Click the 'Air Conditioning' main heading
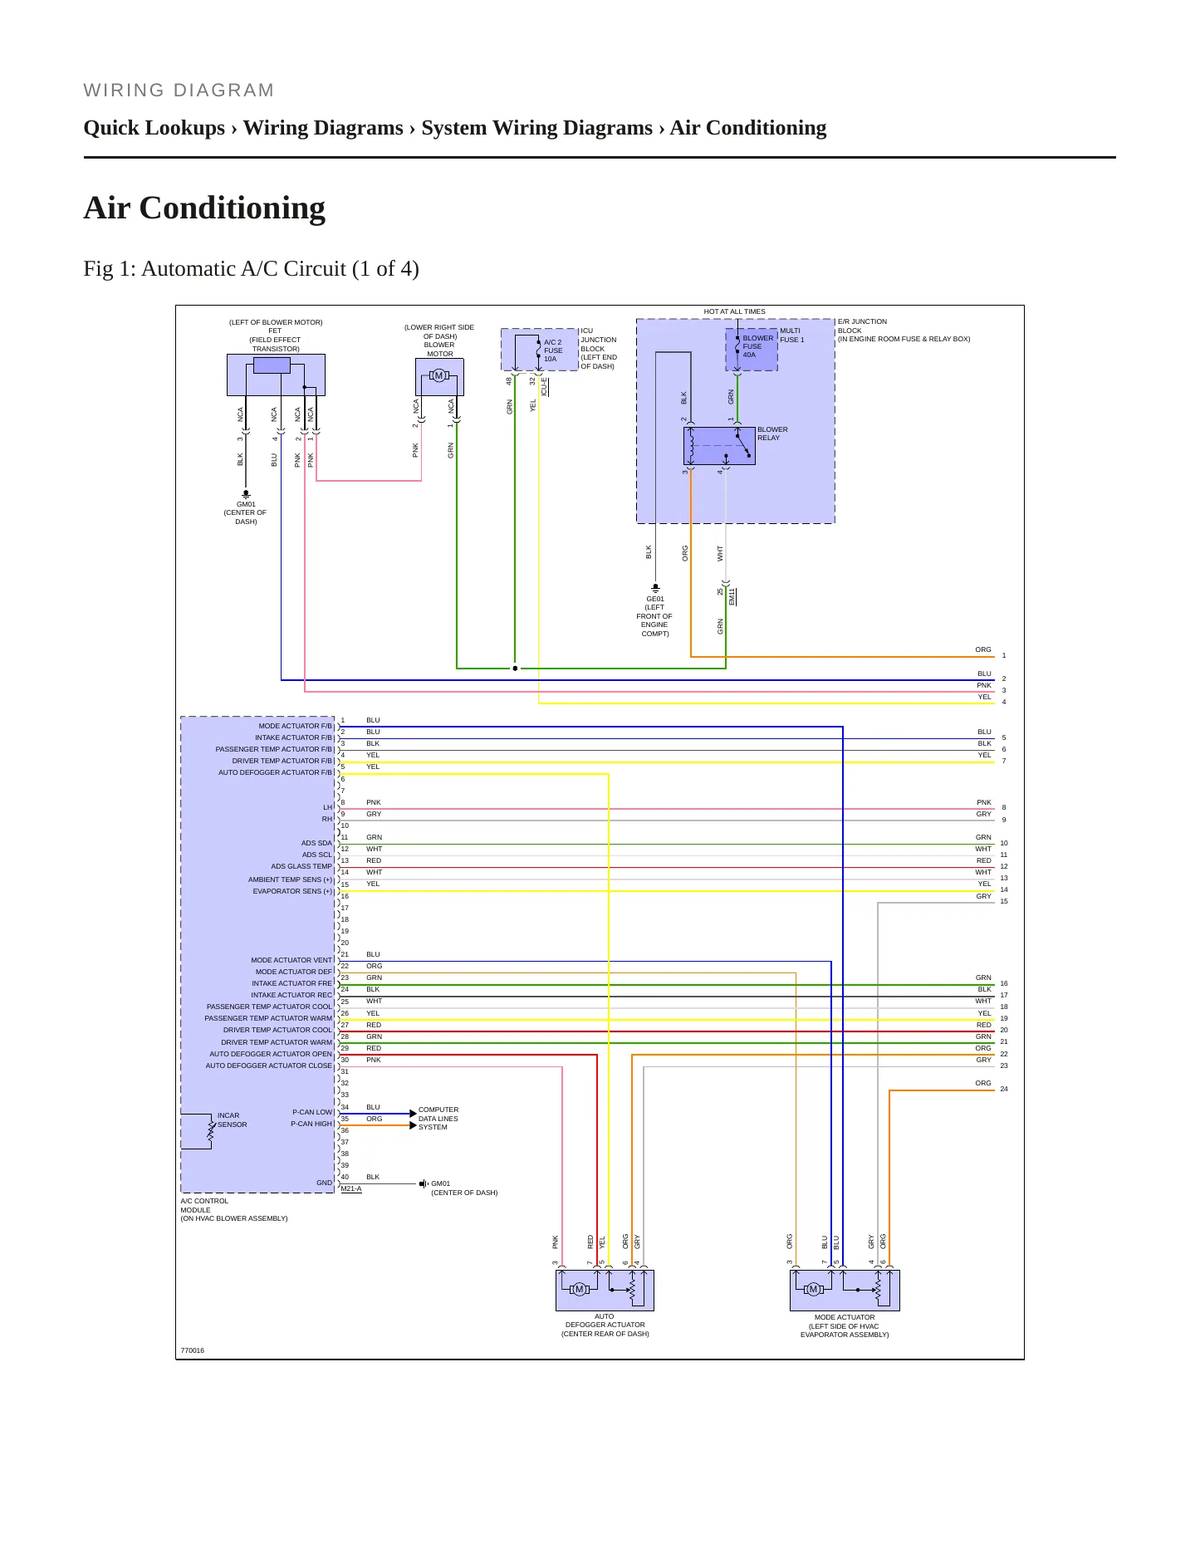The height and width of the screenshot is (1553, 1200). pyautogui.click(x=204, y=208)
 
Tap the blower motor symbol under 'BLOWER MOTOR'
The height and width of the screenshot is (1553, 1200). pyautogui.click(x=439, y=376)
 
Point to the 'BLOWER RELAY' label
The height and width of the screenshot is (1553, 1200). pyautogui.click(x=772, y=434)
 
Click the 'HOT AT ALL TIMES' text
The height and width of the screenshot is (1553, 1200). pyautogui.click(x=735, y=311)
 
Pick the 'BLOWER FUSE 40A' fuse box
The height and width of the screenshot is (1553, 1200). pyautogui.click(x=752, y=350)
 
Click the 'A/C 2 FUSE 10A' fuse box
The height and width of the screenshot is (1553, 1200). pyautogui.click(x=540, y=350)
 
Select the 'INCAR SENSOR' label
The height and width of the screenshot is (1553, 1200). pyautogui.click(x=233, y=1120)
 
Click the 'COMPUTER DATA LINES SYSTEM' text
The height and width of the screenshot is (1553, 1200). pyautogui.click(x=438, y=1119)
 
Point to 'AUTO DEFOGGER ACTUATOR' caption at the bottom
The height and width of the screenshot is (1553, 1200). pyautogui.click(x=605, y=1325)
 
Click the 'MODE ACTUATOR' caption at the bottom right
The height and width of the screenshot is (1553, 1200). pyautogui.click(x=845, y=1325)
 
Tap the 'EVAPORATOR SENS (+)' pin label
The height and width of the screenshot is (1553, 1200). pyautogui.click(x=292, y=891)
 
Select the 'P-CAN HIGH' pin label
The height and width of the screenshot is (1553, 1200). pyautogui.click(x=311, y=1124)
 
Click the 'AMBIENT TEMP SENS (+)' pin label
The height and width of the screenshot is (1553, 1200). pyautogui.click(x=290, y=879)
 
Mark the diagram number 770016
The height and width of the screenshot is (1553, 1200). pyautogui.click(x=193, y=1350)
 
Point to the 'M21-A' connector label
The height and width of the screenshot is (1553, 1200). pyautogui.click(x=351, y=1188)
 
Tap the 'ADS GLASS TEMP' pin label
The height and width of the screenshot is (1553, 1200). pyautogui.click(x=301, y=866)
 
